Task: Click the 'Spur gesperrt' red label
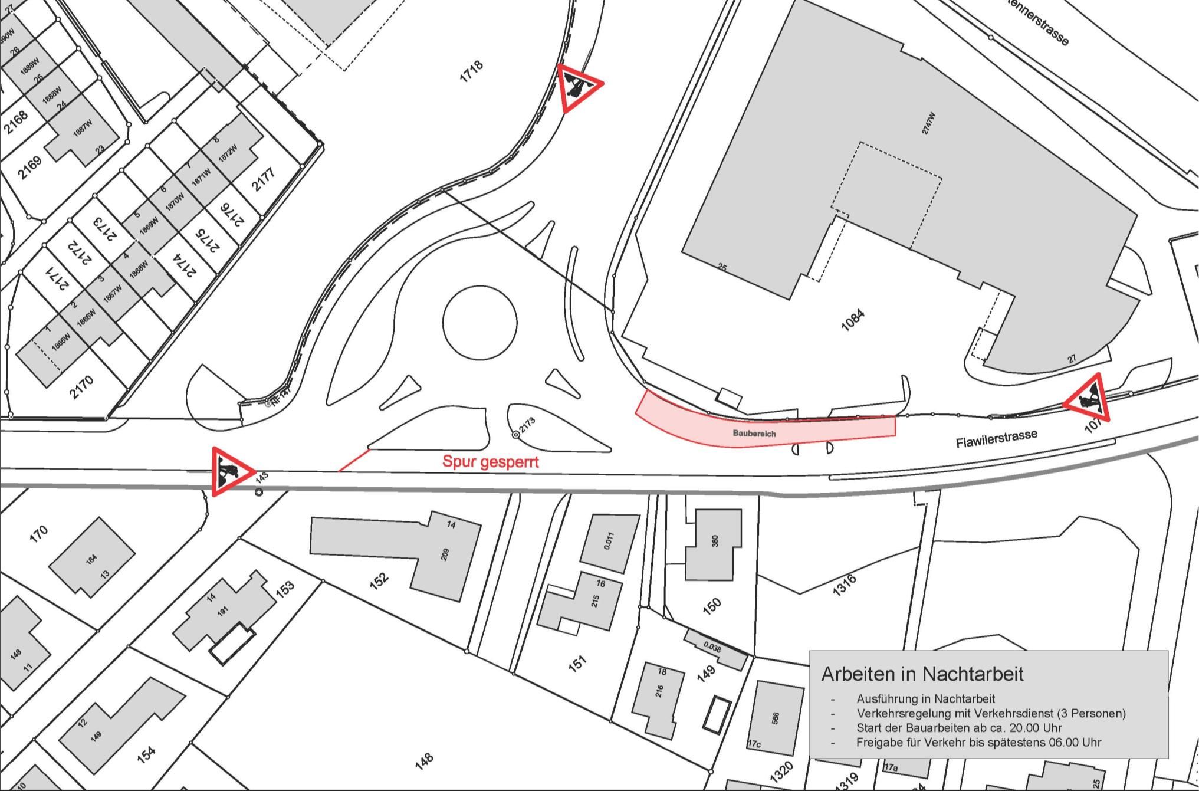[490, 461]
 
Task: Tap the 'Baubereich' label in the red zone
[754, 433]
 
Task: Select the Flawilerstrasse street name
[996, 438]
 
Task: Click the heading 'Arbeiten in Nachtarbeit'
[922, 674]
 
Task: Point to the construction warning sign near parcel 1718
[578, 88]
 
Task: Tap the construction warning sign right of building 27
[1089, 399]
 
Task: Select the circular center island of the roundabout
[480, 323]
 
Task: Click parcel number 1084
[853, 320]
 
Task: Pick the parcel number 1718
[471, 71]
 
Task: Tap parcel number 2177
[264, 180]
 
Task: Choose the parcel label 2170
[81, 387]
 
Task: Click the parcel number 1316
[844, 586]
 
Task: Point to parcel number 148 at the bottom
[424, 761]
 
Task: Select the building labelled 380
[714, 544]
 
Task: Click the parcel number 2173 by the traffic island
[526, 426]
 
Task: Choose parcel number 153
[284, 589]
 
